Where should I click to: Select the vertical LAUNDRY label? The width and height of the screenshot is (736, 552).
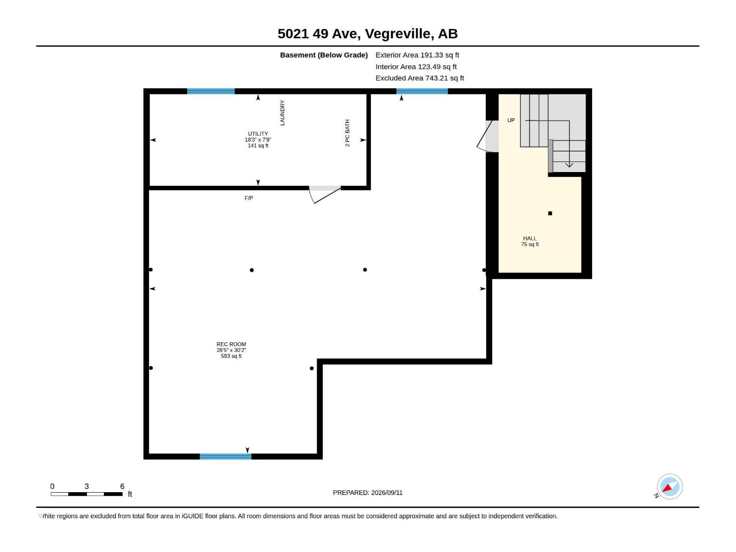point(282,113)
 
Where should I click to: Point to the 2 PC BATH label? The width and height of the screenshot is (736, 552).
point(347,133)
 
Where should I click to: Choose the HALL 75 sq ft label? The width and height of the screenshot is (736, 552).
point(530,241)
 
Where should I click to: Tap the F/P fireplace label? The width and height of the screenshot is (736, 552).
point(248,198)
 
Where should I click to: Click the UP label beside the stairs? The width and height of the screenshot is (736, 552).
point(511,120)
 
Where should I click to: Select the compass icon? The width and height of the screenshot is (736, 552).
point(669,487)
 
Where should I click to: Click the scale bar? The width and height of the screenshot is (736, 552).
point(86,494)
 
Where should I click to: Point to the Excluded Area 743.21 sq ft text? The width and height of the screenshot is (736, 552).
point(420,78)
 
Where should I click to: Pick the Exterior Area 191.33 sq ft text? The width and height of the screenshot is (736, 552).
point(417,55)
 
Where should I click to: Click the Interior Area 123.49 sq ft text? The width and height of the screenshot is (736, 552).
point(416,67)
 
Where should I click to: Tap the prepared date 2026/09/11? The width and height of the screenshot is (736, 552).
point(386,493)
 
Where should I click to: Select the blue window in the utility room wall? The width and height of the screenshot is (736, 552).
point(211,91)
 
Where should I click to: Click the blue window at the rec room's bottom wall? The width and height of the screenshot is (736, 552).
point(225,456)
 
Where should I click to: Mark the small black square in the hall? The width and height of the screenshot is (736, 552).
point(550,213)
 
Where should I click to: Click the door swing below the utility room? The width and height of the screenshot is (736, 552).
point(325,195)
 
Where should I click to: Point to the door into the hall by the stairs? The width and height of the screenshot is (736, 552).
point(488,136)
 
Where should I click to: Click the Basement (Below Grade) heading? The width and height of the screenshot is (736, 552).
point(324,55)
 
